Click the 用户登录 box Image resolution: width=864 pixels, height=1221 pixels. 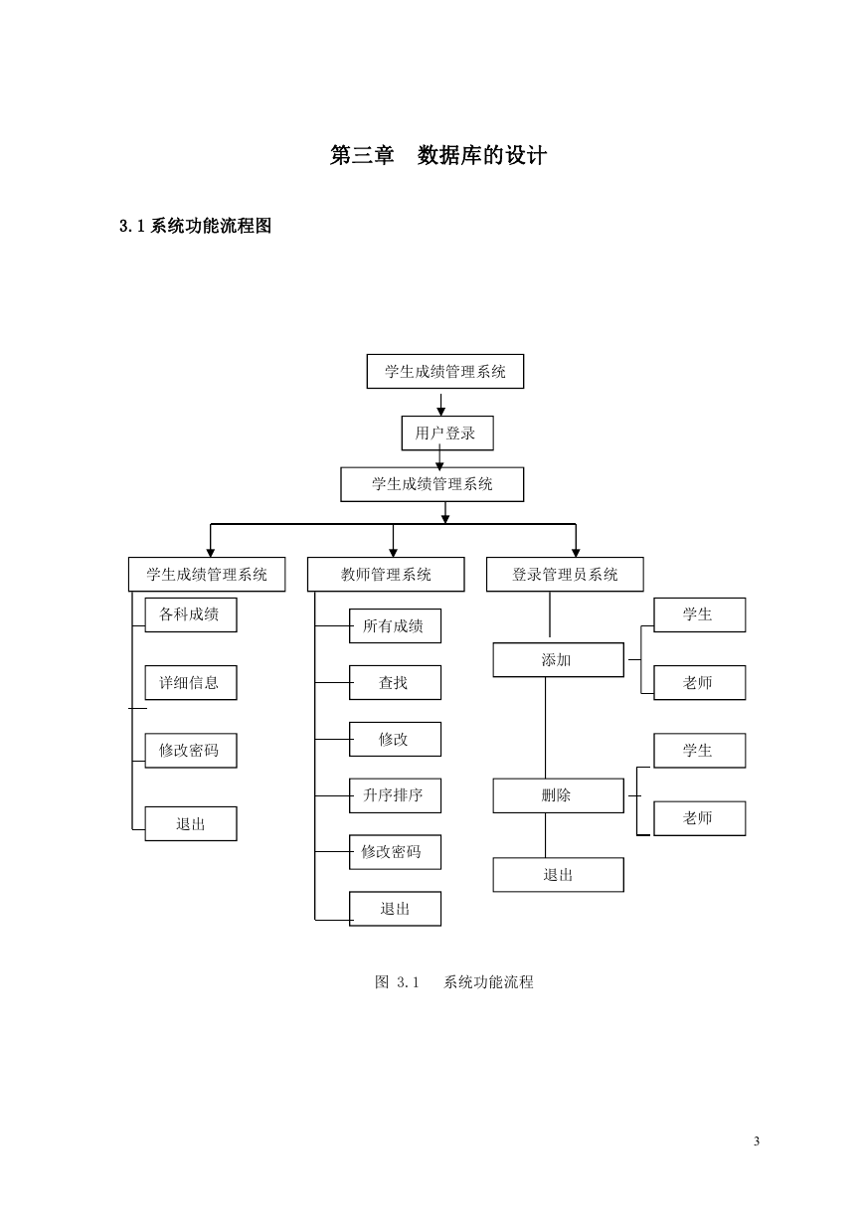click(x=447, y=433)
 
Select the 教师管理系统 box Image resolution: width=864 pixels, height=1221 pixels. click(x=386, y=574)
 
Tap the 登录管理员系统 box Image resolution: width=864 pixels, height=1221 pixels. click(x=565, y=574)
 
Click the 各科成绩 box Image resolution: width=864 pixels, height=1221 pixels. click(x=191, y=614)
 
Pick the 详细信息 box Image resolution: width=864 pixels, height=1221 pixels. click(x=191, y=682)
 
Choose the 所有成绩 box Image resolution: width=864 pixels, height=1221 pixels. click(x=395, y=625)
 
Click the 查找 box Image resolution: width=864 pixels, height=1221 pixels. click(x=395, y=682)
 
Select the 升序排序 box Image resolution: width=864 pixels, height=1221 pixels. click(x=395, y=795)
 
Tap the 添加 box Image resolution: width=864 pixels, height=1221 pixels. click(x=558, y=659)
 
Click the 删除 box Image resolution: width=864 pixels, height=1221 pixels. click(x=558, y=795)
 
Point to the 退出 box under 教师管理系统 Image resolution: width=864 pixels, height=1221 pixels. click(x=395, y=909)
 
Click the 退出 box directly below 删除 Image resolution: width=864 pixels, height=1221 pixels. click(x=558, y=875)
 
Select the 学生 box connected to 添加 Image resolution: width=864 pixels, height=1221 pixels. click(x=699, y=614)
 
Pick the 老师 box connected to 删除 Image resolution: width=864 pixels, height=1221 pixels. click(x=699, y=818)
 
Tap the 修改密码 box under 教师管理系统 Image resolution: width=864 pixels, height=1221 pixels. click(x=395, y=852)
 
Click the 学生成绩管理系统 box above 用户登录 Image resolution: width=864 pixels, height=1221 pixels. click(x=445, y=371)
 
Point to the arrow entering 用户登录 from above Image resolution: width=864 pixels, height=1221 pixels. click(x=441, y=405)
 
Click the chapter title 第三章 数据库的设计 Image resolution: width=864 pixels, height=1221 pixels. click(x=438, y=155)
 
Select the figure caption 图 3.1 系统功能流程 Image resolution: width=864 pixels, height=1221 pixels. click(x=454, y=981)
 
